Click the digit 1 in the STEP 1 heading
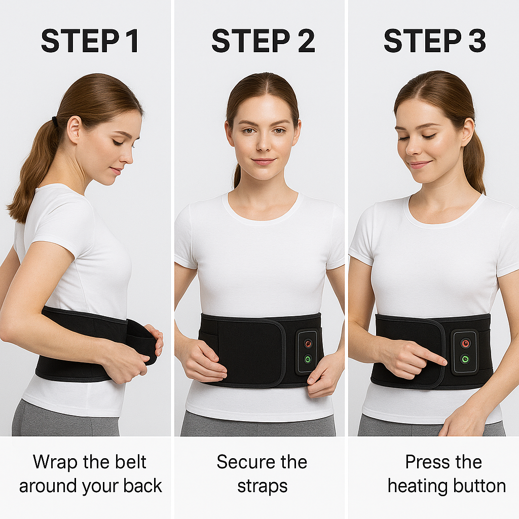133,41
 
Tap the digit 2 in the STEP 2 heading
306,41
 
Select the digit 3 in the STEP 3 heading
477,41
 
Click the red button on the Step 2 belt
308,344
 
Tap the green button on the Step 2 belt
308,358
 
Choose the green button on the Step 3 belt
465,358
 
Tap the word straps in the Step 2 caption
262,487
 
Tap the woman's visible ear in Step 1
73,129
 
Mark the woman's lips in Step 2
264,162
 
